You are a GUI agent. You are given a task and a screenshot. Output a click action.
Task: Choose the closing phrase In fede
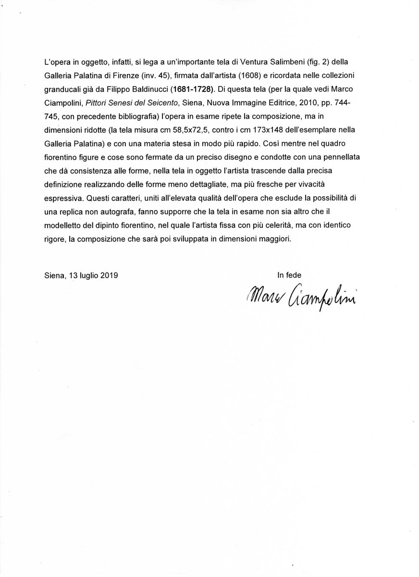[x=289, y=276]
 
